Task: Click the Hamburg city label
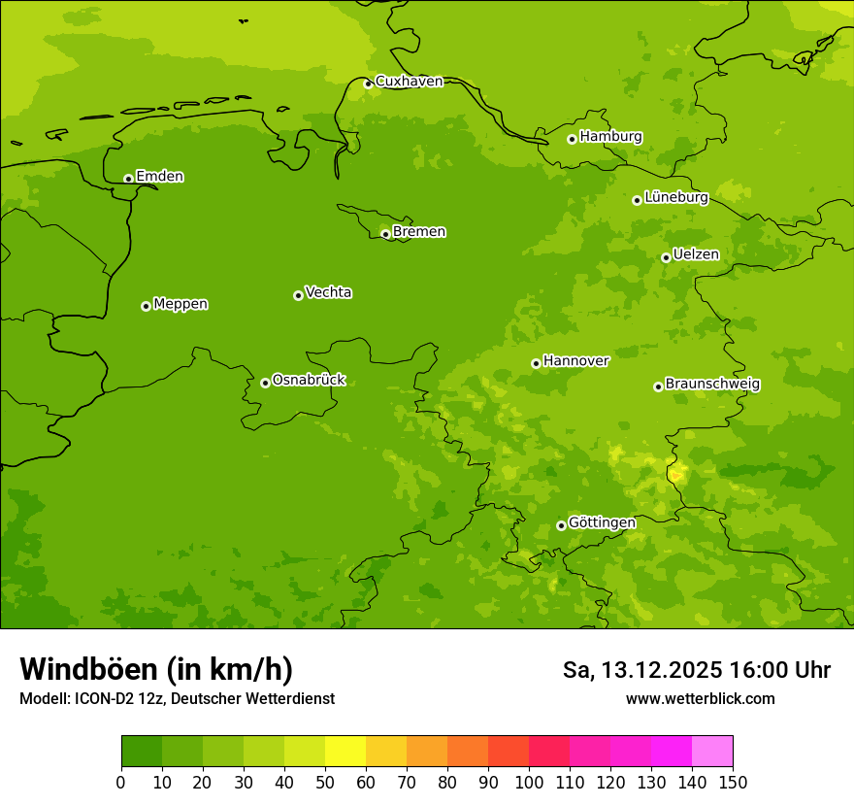[610, 137]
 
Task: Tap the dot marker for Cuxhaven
[368, 84]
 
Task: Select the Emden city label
[159, 177]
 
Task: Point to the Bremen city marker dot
[385, 234]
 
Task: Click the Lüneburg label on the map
[675, 198]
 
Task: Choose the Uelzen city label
[696, 255]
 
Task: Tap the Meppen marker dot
[146, 306]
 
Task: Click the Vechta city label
[328, 292]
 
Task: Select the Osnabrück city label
[309, 381]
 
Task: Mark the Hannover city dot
[536, 364]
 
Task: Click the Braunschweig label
[712, 385]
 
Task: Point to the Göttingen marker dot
[561, 525]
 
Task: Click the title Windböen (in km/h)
[156, 669]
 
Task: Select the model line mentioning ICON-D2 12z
[177, 699]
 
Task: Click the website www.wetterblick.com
[700, 699]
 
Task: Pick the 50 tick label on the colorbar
[325, 782]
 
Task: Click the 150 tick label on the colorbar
[733, 782]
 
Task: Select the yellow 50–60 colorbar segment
[345, 752]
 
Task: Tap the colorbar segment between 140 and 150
[712, 752]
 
